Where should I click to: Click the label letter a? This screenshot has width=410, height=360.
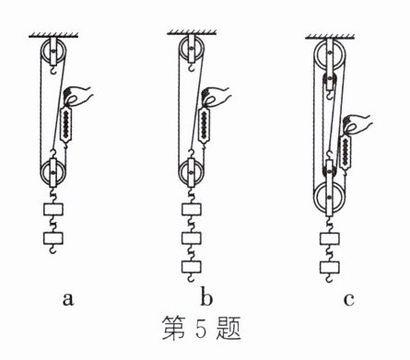coord(68,299)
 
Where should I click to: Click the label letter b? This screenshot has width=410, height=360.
coord(206,296)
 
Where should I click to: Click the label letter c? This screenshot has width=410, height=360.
coord(348,299)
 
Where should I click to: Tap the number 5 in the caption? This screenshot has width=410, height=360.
coord(201,327)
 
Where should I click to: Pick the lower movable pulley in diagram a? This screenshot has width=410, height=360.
coord(53,173)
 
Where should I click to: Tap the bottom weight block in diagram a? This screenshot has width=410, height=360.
coord(53,238)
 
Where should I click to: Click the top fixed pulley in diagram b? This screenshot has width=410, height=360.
coord(191,50)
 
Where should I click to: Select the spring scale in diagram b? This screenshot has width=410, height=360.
coord(204,124)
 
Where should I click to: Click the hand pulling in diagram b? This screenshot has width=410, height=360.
coord(216,96)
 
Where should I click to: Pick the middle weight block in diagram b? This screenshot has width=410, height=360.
coord(192,238)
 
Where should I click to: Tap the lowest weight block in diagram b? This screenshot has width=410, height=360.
coord(192,267)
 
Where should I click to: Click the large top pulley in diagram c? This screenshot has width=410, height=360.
coord(329,56)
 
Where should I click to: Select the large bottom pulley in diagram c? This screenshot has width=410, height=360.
coord(329,198)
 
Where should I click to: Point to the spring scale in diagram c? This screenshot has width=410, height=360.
coord(346,153)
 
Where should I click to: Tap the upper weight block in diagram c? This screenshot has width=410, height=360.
coord(330,238)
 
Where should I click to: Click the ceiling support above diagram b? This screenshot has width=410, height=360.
coord(192,32)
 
